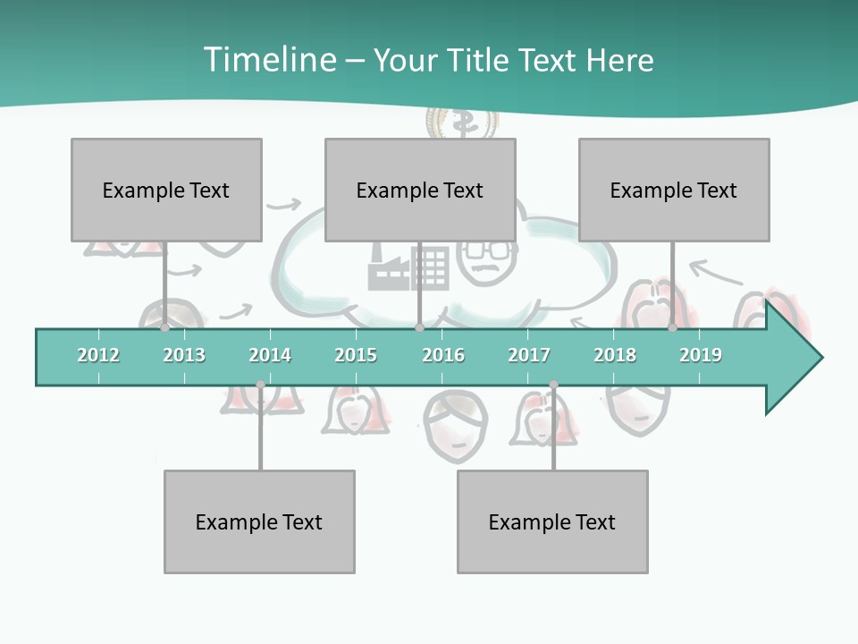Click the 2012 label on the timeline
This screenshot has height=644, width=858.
[98, 355]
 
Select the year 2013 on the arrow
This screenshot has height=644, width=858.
[184, 355]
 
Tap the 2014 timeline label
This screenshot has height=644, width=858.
[270, 355]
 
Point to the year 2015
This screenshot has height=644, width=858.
[356, 355]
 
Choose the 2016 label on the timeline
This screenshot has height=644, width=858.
[443, 355]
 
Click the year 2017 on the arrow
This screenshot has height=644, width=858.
[529, 355]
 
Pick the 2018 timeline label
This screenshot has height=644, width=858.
[615, 355]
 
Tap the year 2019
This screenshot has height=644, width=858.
[701, 355]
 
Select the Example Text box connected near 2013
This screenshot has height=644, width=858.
[166, 190]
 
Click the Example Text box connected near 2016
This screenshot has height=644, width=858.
[420, 190]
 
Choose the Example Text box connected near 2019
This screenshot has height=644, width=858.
[674, 190]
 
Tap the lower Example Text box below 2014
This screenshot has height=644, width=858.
[259, 521]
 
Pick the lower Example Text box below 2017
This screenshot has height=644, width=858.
[552, 521]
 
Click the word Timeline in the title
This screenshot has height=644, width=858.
[268, 60]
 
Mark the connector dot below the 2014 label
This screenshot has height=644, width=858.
[260, 385]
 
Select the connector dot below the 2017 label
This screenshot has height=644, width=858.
[553, 385]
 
